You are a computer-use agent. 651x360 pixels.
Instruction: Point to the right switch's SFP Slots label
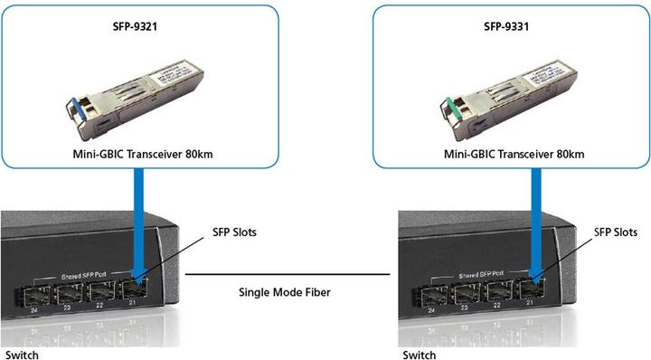[616, 232]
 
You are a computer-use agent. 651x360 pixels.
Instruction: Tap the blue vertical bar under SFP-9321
[141, 217]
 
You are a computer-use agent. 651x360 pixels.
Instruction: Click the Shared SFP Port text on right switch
[476, 274]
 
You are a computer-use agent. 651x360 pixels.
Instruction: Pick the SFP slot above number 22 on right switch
[496, 292]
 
